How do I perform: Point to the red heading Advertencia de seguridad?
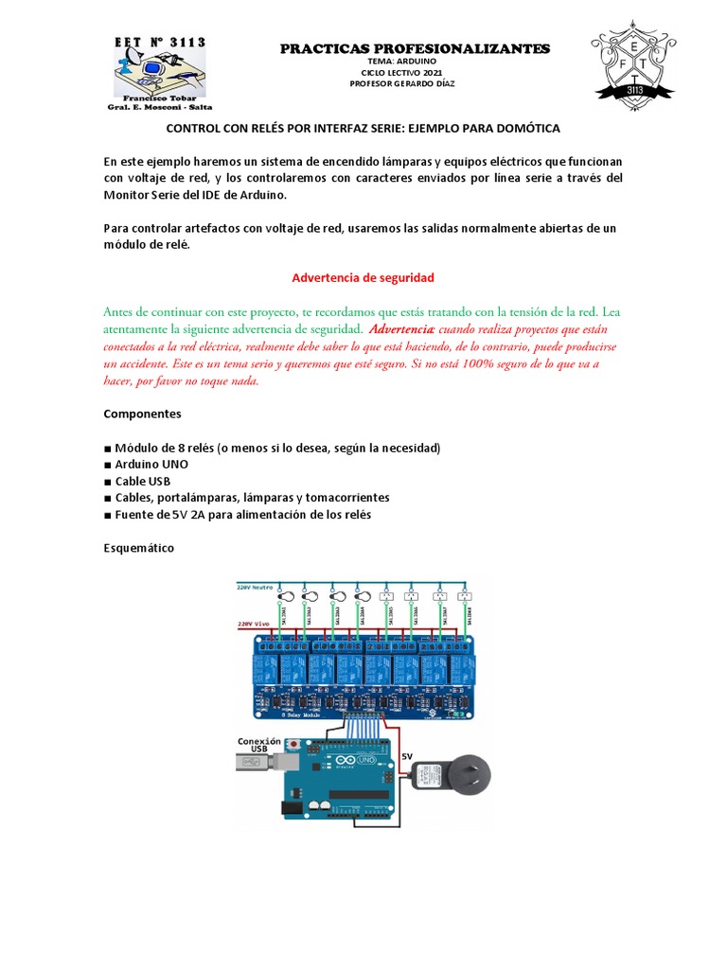coord(363,278)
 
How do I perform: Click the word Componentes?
coord(142,414)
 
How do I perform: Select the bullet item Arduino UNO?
coord(151,464)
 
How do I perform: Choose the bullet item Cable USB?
coord(143,481)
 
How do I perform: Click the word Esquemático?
coord(139,548)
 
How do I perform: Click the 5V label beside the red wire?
coord(407,755)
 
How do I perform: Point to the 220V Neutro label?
coord(257,587)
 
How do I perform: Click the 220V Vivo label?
coord(254,625)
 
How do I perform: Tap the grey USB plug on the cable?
coord(249,762)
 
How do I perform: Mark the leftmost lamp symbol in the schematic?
coord(284,597)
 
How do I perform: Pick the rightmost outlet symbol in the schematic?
coord(464,597)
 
